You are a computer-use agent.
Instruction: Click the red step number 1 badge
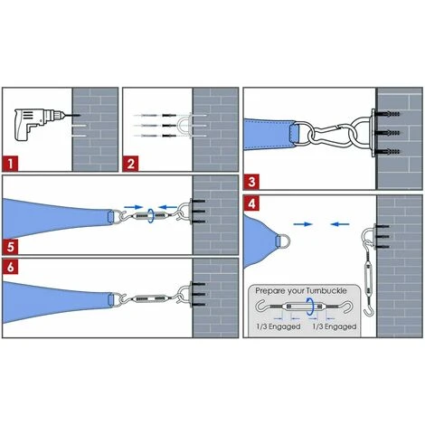click(x=11, y=164)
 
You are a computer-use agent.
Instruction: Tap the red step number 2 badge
click(x=131, y=164)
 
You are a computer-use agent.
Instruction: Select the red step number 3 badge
click(x=251, y=182)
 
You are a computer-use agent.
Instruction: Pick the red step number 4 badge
click(x=251, y=203)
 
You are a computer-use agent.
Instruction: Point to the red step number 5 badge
click(x=11, y=247)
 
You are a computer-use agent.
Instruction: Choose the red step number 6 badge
click(x=11, y=267)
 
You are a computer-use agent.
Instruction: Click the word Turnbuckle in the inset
click(x=326, y=291)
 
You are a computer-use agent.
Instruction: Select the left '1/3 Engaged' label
click(x=279, y=326)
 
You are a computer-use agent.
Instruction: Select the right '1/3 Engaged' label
click(x=334, y=326)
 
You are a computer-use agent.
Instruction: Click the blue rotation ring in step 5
click(x=151, y=216)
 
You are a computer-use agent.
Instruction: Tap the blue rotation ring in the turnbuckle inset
click(x=310, y=307)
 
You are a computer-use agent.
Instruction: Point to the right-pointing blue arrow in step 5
click(x=134, y=207)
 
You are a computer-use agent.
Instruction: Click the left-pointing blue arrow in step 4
click(x=340, y=224)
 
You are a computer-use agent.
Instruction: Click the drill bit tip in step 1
click(x=80, y=115)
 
